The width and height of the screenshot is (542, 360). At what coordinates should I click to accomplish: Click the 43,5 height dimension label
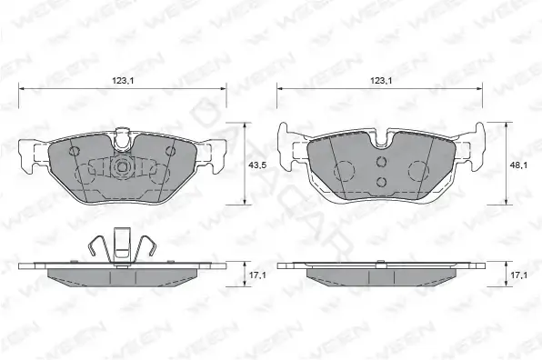click(x=257, y=165)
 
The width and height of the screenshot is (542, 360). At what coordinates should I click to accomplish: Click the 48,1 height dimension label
click(x=518, y=165)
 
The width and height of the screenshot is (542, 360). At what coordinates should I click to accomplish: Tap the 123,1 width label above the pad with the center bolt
click(x=123, y=81)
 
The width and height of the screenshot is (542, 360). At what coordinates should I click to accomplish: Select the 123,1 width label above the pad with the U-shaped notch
click(x=381, y=81)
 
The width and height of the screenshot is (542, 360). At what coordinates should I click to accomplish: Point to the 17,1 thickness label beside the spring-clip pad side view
click(x=257, y=275)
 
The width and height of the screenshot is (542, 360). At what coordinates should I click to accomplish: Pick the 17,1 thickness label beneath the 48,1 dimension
click(x=518, y=275)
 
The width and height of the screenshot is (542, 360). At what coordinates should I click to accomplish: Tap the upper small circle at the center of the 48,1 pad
click(x=381, y=161)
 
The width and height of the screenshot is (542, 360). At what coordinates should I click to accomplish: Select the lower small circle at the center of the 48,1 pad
click(x=381, y=181)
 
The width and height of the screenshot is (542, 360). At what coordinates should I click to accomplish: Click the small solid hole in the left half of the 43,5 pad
click(x=75, y=151)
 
